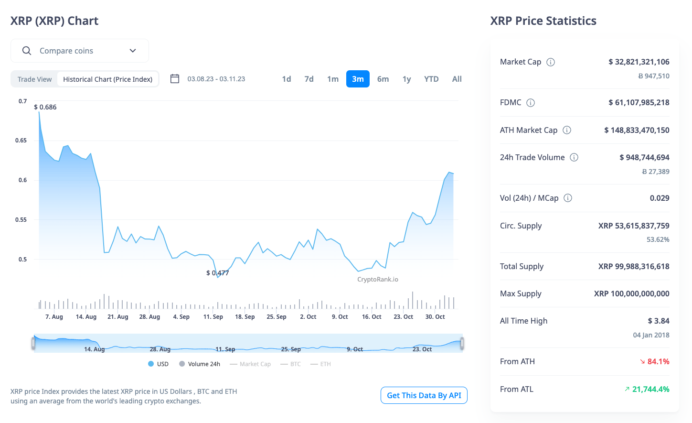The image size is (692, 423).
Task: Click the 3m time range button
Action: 358,79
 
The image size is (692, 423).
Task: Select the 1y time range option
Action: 406,79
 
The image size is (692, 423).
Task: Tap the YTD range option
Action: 431,79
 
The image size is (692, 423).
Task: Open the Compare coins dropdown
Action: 80,51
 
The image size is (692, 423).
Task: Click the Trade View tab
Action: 34,79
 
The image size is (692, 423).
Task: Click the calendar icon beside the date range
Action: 175,79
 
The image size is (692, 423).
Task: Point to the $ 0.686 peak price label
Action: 45,107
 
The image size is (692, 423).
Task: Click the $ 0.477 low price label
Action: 217,273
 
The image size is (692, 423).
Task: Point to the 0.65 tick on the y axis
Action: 21,141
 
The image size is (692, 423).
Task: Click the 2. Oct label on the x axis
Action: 308,317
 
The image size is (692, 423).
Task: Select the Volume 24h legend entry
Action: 200,364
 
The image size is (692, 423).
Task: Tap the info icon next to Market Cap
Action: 551,62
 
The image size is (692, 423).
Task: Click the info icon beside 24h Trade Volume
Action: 574,157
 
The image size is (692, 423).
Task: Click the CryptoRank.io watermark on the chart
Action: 377,280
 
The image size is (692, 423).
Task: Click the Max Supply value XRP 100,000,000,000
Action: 631,293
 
